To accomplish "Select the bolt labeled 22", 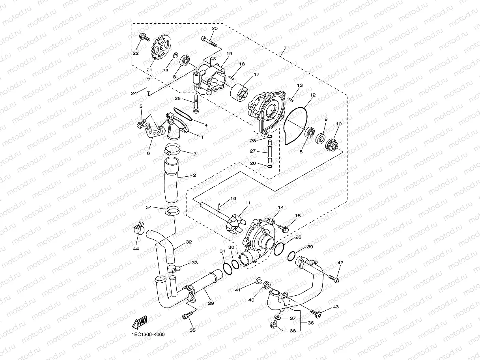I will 144,38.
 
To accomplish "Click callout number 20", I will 214,29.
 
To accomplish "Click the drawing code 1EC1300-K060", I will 148,335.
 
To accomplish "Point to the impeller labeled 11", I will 237,222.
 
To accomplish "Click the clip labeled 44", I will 138,229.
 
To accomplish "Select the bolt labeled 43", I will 315,313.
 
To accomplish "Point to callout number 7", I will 284,48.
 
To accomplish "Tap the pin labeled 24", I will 148,87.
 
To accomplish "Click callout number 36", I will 310,323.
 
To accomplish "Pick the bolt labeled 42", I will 333,279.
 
